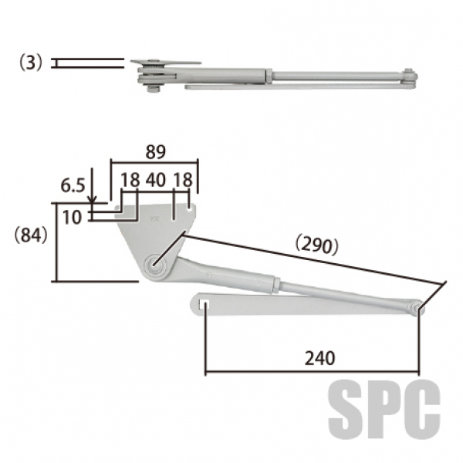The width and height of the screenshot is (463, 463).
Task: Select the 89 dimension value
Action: [154, 151]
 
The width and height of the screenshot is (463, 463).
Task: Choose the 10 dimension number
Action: [72, 217]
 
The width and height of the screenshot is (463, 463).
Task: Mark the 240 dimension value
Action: [319, 358]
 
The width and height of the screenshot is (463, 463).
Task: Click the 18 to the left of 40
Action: [130, 180]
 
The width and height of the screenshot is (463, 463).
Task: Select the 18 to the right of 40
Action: [183, 180]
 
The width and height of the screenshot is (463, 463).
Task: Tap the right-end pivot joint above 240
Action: [417, 308]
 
